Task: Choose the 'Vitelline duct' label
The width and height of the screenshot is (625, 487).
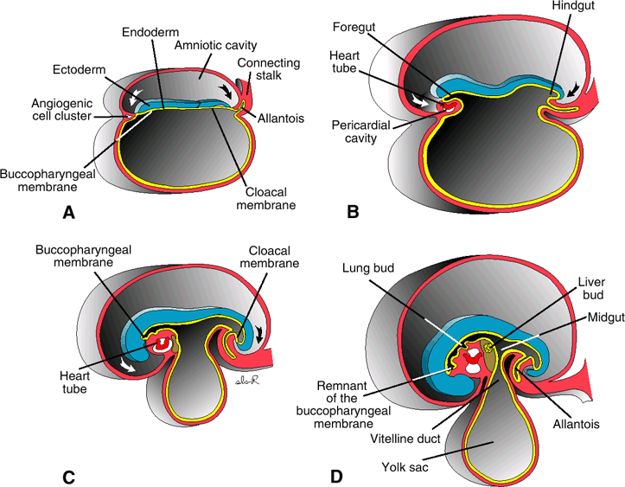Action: point(407,439)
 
